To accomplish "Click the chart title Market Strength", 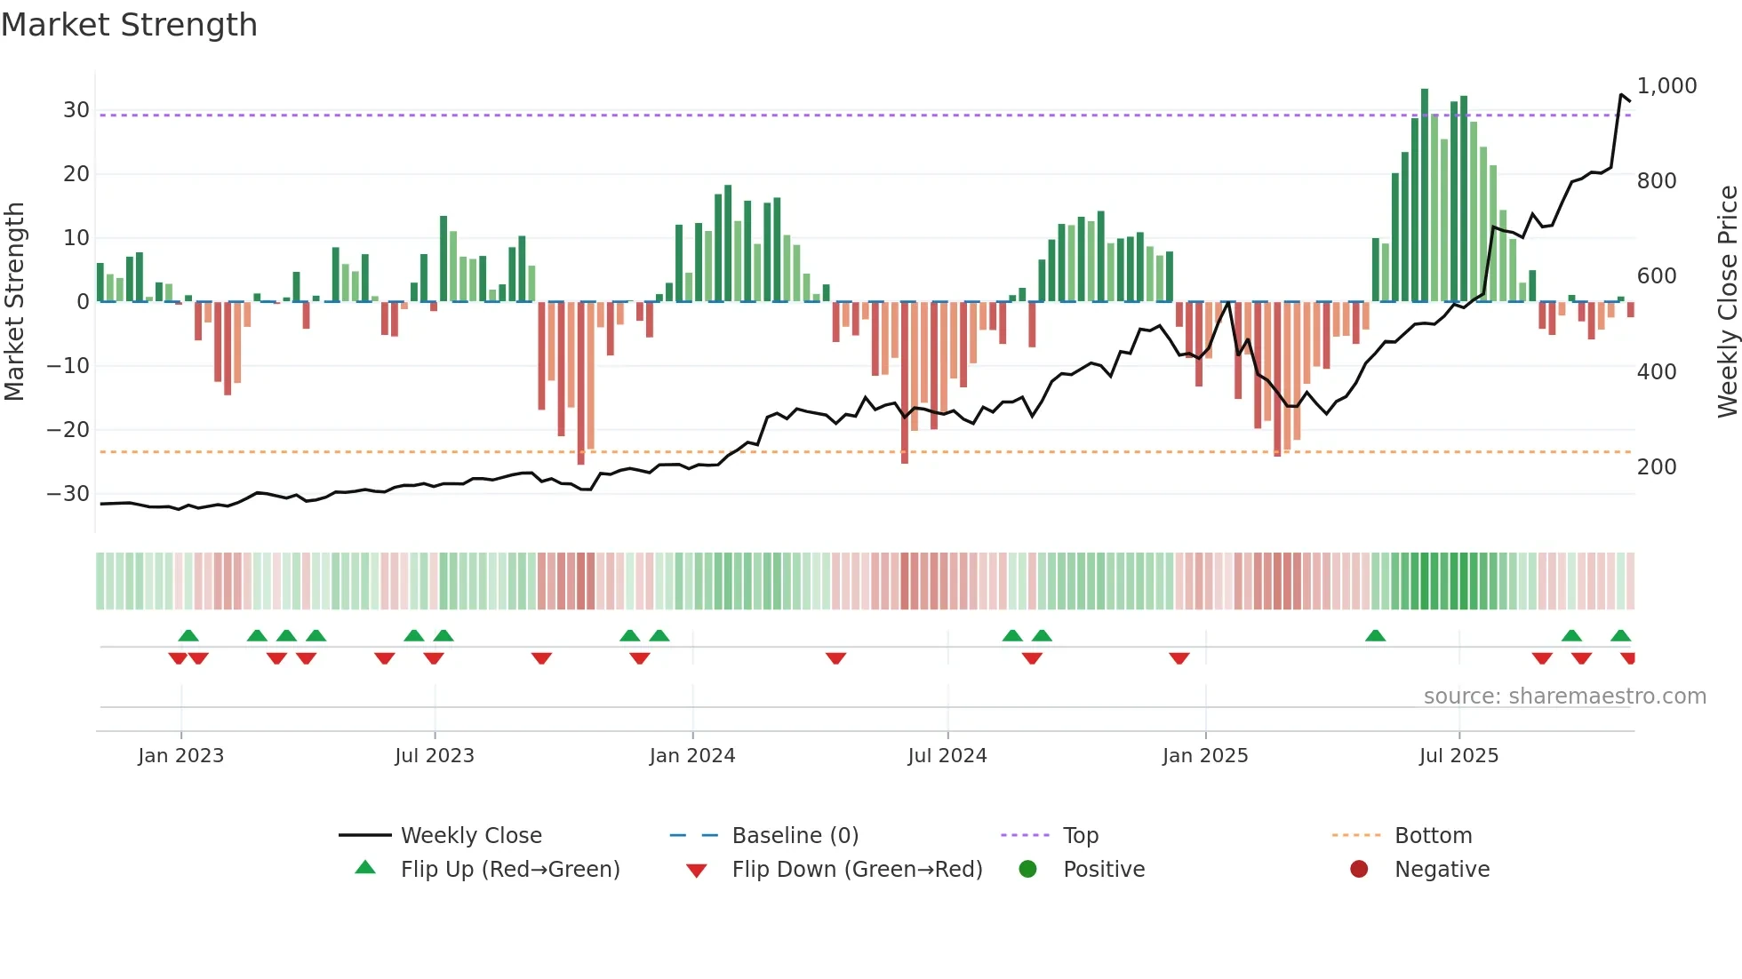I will click(129, 25).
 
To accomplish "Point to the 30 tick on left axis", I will click(76, 110).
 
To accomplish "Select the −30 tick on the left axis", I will click(68, 494).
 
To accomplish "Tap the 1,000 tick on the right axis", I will click(1666, 86).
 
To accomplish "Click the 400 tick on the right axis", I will click(1657, 372).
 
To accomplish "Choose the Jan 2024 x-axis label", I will click(692, 756).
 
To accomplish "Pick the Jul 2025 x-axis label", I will click(1458, 756).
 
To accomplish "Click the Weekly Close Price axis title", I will click(1727, 301).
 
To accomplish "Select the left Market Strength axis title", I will click(14, 301).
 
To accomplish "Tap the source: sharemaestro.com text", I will click(1564, 696).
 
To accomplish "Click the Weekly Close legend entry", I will click(471, 836).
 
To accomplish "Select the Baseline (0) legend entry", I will click(795, 836).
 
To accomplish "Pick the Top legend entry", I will click(1081, 836).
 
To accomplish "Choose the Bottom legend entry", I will click(1433, 836).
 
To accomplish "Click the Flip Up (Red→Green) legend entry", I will click(509, 870).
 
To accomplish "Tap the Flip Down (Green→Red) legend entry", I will click(857, 870).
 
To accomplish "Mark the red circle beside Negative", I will click(1359, 870).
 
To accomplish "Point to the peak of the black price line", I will click(1621, 94).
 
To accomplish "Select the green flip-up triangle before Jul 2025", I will click(1375, 635).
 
